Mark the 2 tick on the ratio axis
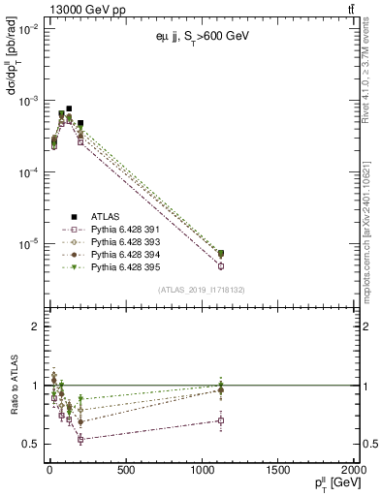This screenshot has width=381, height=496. [34, 326]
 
